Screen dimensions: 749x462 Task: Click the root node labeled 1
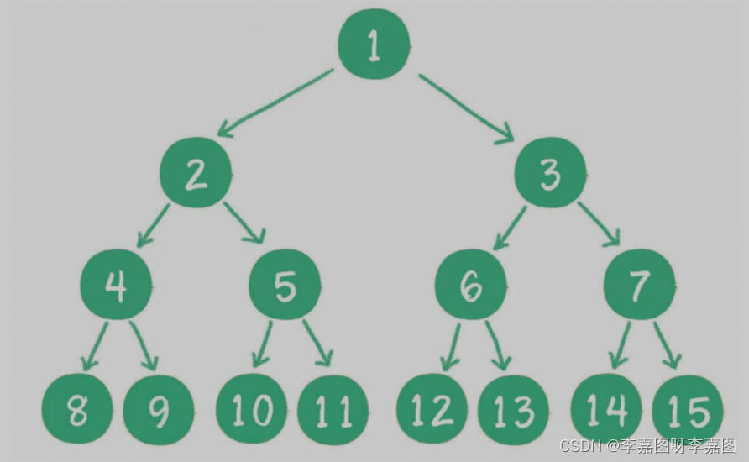(x=374, y=46)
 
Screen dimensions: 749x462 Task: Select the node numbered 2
(x=196, y=175)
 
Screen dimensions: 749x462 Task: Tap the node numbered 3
(x=550, y=175)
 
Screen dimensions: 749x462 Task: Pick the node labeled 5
(x=285, y=286)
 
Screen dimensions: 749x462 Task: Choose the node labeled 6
(x=471, y=286)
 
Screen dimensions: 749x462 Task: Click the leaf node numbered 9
(x=158, y=411)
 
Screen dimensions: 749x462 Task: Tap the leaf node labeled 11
(x=333, y=411)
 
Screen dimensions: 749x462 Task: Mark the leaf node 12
(x=432, y=411)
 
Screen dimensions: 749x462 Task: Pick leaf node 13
(x=513, y=411)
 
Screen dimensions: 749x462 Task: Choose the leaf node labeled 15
(x=687, y=411)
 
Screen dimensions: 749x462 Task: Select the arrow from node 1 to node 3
(x=466, y=106)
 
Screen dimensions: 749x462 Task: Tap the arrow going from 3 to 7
(x=598, y=223)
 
